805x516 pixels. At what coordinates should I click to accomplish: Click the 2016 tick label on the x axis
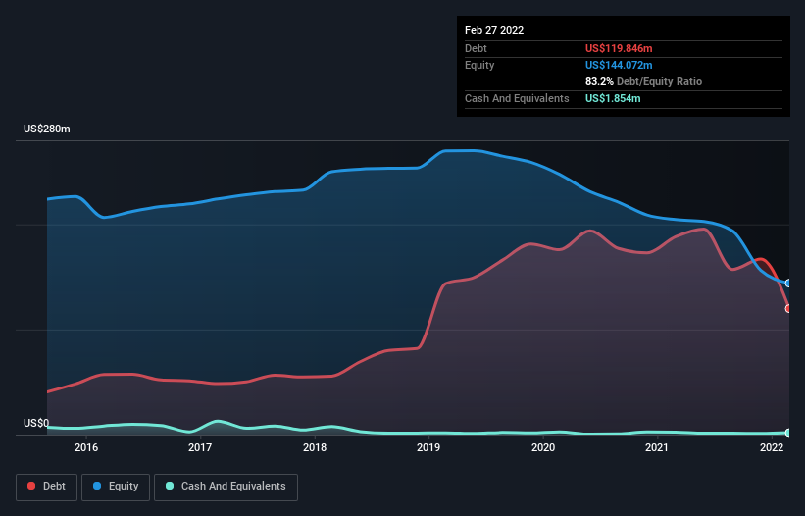point(86,448)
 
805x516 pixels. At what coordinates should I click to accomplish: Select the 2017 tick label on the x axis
point(200,448)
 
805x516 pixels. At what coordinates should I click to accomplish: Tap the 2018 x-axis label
point(315,448)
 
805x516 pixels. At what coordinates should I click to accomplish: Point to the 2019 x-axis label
point(428,448)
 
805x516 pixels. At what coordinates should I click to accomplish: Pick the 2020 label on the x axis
point(542,448)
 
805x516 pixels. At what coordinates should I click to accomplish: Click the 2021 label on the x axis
point(657,448)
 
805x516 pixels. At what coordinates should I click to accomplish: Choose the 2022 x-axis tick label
point(771,448)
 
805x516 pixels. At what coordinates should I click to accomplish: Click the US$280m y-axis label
point(47,129)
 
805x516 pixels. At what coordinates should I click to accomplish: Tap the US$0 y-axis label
point(36,423)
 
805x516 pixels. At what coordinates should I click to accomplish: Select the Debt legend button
point(48,487)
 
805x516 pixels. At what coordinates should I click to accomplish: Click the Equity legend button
point(116,487)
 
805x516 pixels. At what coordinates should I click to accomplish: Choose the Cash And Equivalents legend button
point(226,487)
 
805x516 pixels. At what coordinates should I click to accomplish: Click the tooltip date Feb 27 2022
point(494,30)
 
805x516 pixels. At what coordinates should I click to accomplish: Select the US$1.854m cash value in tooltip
point(614,98)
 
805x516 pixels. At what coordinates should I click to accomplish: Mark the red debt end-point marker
point(788,308)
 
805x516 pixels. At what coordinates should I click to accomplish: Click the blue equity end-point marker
point(788,283)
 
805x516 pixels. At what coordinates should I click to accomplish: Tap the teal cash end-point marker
point(788,432)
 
